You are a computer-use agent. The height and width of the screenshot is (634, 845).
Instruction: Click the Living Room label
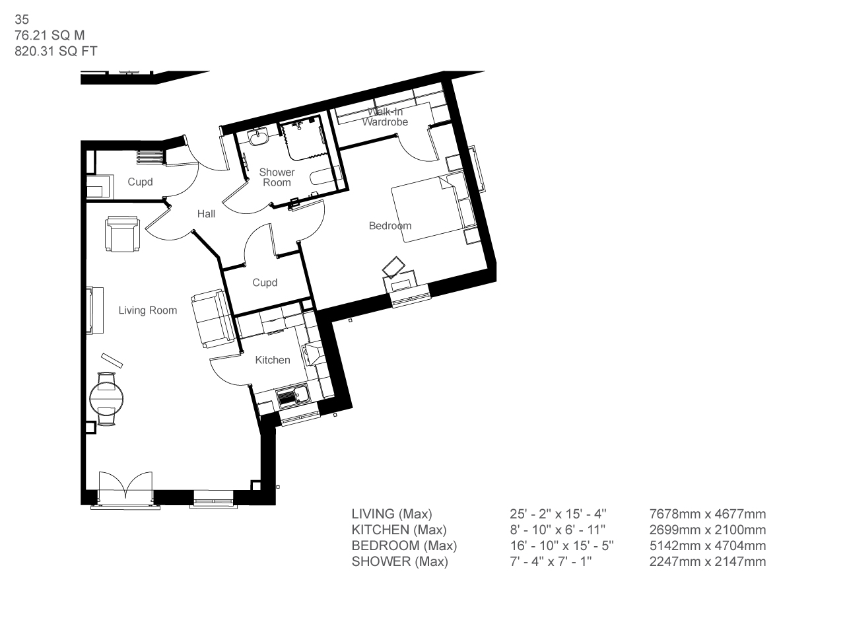(x=147, y=310)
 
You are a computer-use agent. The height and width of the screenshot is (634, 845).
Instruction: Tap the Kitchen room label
(x=273, y=360)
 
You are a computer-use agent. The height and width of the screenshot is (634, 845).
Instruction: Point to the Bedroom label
(x=390, y=226)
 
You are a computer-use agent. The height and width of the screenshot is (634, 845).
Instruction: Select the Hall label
(x=206, y=213)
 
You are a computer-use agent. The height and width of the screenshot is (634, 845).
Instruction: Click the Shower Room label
(x=277, y=178)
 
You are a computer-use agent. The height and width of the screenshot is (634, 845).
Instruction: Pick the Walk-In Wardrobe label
(x=385, y=117)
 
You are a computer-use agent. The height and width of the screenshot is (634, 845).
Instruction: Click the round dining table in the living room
(x=107, y=398)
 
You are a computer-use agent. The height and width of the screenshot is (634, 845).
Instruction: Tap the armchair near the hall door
(x=122, y=234)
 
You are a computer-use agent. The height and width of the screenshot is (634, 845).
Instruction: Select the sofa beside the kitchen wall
(x=213, y=319)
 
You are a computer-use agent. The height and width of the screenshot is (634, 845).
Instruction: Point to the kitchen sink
(x=293, y=396)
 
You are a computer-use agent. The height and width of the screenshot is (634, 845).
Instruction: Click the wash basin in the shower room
(x=258, y=137)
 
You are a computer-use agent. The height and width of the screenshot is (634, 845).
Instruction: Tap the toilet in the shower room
(x=325, y=178)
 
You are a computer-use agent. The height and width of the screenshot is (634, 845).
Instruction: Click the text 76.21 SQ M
(x=50, y=36)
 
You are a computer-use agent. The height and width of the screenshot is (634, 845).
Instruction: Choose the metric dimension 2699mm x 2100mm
(x=708, y=530)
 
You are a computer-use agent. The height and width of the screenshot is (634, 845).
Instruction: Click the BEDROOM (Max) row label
(x=404, y=546)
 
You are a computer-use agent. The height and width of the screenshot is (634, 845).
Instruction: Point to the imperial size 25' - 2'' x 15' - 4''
(x=558, y=514)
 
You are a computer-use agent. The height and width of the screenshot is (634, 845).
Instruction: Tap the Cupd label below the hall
(x=265, y=283)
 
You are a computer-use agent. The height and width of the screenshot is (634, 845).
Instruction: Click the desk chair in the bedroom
(x=394, y=267)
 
